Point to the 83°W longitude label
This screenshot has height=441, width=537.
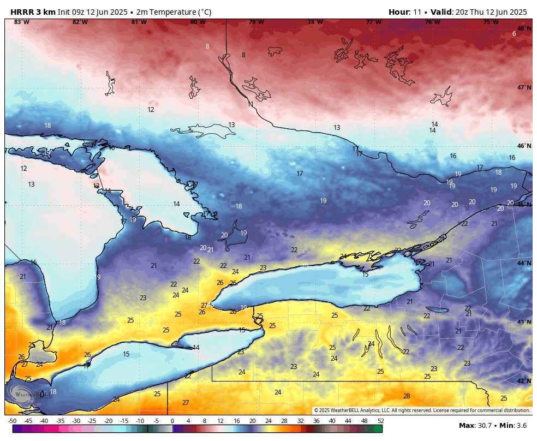21,22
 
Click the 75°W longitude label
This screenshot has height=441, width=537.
491,22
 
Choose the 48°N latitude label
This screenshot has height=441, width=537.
524,28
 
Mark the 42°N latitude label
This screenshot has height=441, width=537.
524,381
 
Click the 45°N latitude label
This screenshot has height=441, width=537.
524,205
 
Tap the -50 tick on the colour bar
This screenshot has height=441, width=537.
12,421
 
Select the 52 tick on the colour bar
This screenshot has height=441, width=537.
380,421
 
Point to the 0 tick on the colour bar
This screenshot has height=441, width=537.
172,421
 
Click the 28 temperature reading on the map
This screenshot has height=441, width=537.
407,396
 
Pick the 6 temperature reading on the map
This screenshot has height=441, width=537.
514,34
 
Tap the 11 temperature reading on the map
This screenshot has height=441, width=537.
250,104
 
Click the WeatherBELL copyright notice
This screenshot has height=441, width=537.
422,410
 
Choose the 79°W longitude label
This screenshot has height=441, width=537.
256,22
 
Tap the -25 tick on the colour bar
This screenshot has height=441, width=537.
92,421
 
